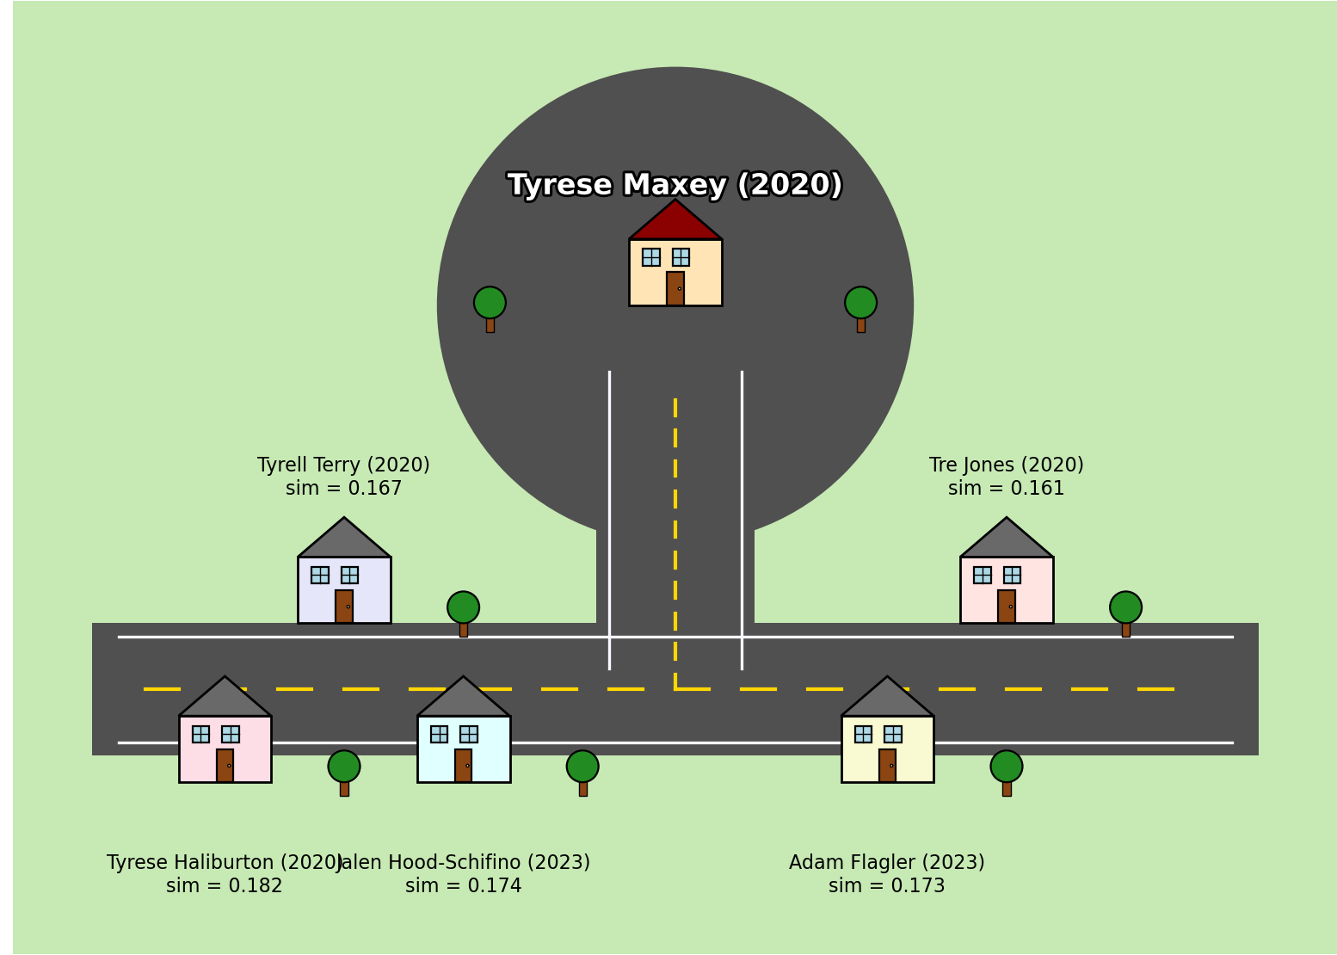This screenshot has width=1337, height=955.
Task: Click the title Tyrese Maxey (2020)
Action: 675,185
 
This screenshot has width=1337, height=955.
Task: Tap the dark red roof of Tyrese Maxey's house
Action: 675,223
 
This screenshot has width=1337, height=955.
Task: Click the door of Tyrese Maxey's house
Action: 675,288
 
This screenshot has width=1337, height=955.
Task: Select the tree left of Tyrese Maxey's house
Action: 490,307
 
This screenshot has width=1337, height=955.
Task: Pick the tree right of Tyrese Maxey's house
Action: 860,307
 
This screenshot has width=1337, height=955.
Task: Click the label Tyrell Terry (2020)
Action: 343,465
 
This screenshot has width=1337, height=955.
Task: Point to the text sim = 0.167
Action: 343,489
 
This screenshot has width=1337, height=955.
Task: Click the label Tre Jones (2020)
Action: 1006,465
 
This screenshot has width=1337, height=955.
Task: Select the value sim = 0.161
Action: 1006,489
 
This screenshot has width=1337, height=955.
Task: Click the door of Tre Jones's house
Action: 1007,607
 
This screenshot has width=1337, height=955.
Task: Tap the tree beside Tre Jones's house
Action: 1125,612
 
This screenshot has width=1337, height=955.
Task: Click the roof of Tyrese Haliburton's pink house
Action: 225,699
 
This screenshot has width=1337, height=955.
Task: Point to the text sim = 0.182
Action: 224,886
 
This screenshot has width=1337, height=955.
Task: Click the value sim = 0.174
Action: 463,886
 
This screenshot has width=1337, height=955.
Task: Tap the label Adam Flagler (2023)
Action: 886,863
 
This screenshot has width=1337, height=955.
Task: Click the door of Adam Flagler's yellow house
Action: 887,766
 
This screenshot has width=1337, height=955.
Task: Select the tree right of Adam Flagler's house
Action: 1006,771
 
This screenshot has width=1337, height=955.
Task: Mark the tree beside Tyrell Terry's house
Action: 463,612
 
